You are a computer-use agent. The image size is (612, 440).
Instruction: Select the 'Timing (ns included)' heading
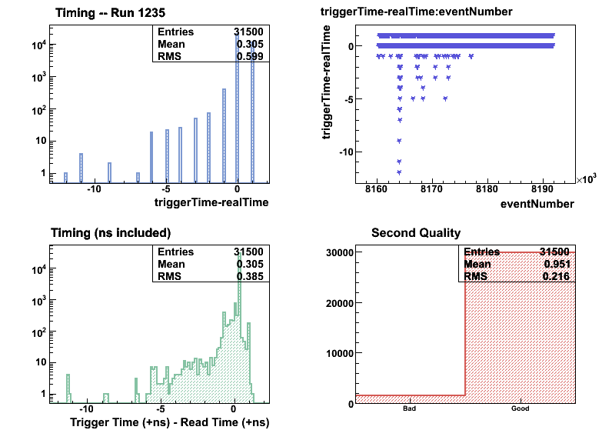tap(111, 232)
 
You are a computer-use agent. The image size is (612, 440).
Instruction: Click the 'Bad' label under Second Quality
tap(409, 409)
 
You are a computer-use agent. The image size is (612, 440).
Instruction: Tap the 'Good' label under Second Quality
tap(521, 409)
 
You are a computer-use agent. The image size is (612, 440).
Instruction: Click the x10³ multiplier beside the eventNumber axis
tap(586, 179)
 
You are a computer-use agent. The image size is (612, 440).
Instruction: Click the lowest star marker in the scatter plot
tap(399, 172)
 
